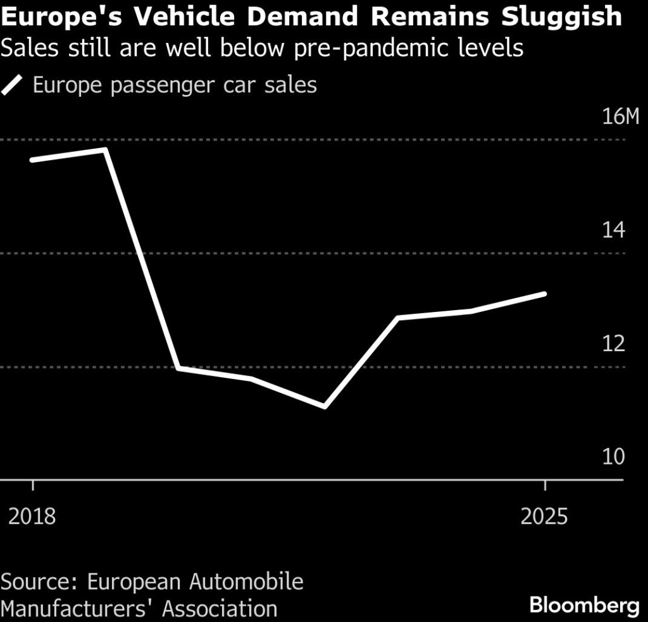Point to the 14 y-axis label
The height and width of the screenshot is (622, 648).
[x=613, y=230]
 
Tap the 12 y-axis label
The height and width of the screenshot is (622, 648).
[x=613, y=343]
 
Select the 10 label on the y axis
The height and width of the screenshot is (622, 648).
[x=613, y=456]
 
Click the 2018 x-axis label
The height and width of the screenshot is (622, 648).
[x=32, y=516]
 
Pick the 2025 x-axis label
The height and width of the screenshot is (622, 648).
[x=544, y=516]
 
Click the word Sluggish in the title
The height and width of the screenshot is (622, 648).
[x=561, y=17]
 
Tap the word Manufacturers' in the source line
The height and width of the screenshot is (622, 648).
[x=78, y=609]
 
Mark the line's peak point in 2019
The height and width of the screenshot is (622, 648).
[x=105, y=149]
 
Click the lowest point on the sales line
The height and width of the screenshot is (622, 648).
[x=325, y=407]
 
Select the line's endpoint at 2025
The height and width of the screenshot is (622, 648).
[x=544, y=294]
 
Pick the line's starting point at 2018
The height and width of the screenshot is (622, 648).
[x=32, y=159]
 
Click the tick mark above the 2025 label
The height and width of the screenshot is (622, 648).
[x=545, y=485]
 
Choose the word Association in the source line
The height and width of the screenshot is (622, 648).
[x=220, y=609]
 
